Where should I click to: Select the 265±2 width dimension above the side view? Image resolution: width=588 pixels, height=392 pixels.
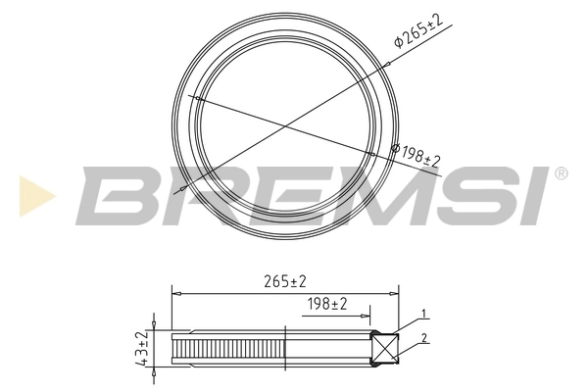point(286,281)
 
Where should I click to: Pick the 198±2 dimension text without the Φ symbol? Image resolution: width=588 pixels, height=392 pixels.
point(328,305)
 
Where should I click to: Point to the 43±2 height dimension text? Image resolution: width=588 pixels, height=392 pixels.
point(143,349)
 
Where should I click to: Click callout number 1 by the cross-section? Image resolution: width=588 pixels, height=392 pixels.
point(423,315)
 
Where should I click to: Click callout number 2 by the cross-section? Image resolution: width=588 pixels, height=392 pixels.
point(423,339)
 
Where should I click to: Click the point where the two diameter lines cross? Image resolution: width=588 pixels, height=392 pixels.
point(285,124)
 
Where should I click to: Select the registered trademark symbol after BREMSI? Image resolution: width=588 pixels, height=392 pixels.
point(561,172)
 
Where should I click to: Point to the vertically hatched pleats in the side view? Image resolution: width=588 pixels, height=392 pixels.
point(227,350)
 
